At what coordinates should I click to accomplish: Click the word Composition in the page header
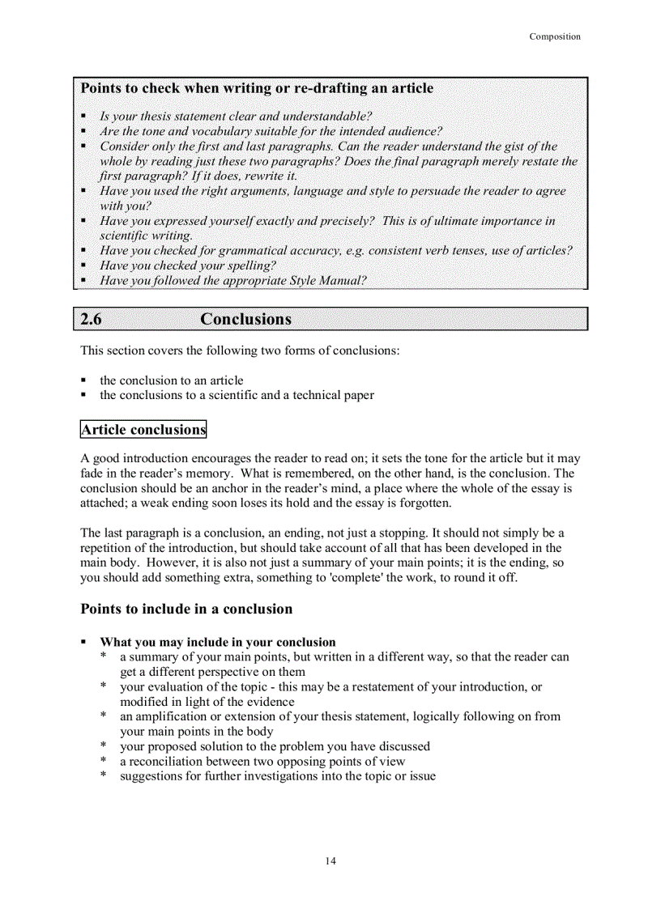[555, 36]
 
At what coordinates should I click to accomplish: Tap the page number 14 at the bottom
[330, 860]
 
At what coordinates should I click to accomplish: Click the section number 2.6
[92, 319]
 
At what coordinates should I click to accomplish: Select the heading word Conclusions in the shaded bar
[245, 319]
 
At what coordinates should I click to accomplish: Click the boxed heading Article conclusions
[143, 430]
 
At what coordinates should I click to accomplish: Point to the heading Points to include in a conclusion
[186, 609]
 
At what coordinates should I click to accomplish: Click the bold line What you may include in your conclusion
[217, 642]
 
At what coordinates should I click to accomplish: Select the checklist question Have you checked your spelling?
[188, 265]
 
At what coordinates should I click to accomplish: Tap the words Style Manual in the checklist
[327, 281]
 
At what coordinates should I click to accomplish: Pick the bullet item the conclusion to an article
[171, 380]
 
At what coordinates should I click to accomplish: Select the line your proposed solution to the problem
[275, 746]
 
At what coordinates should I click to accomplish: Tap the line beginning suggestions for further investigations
[277, 776]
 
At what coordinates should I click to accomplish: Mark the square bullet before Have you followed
[84, 282]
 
